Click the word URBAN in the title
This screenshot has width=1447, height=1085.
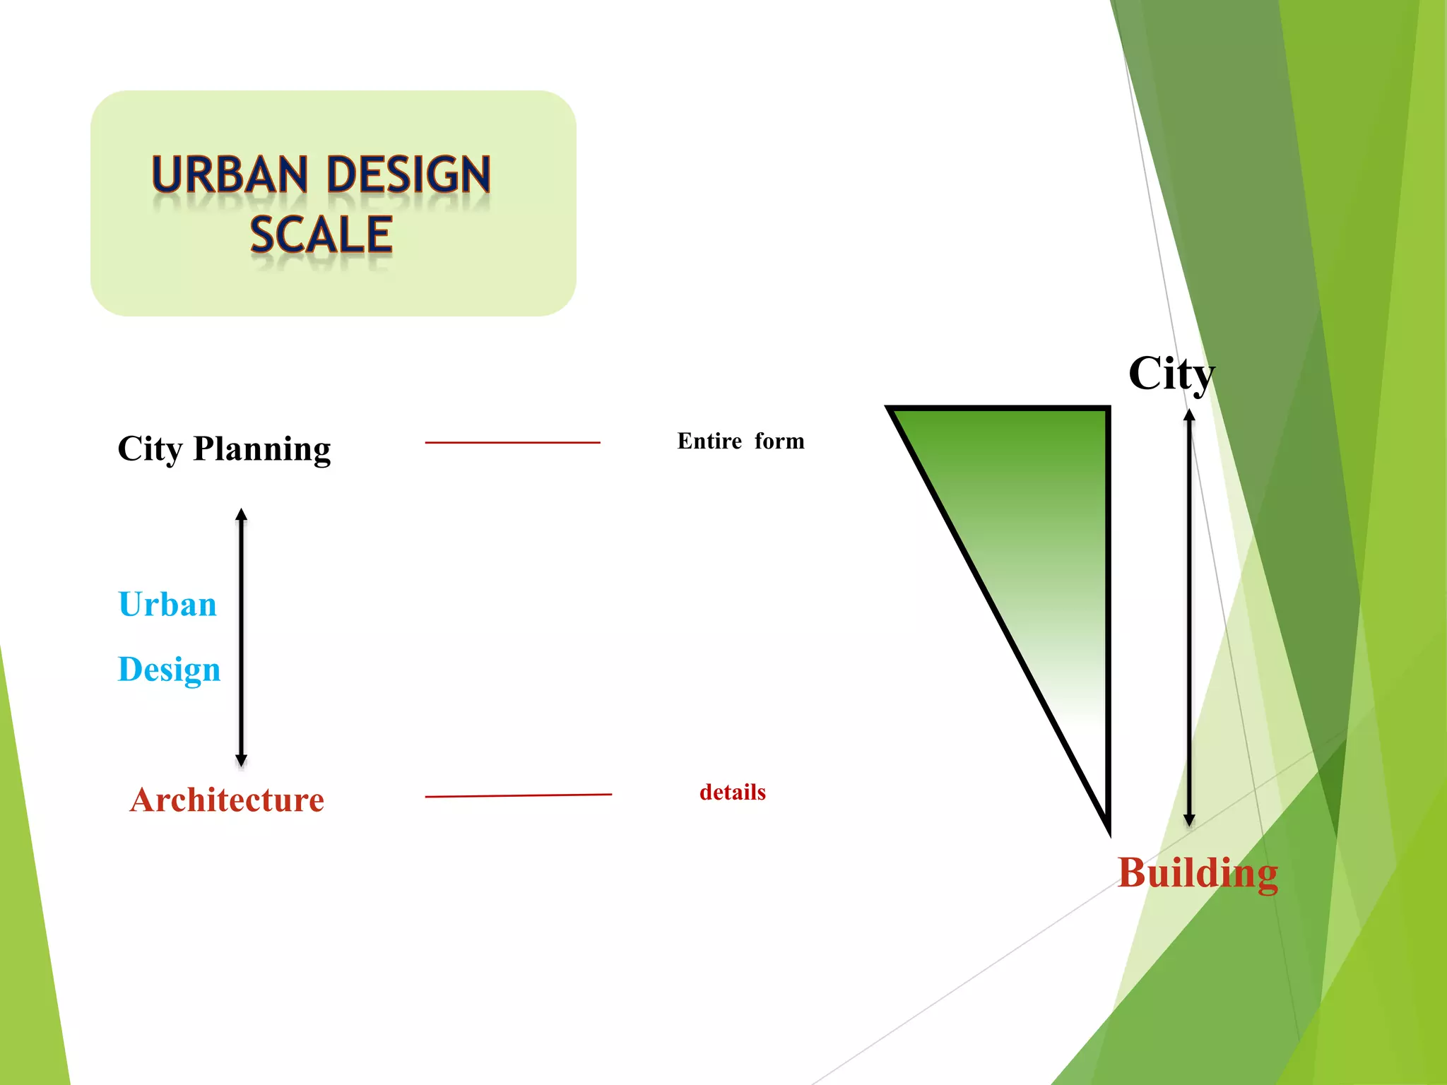click(230, 174)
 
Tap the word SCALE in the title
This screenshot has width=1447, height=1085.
click(321, 235)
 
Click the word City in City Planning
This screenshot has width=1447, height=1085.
click(150, 449)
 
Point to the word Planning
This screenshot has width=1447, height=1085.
click(262, 449)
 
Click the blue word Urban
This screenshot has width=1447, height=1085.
click(167, 605)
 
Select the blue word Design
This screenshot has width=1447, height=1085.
click(169, 670)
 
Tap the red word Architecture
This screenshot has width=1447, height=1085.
click(227, 800)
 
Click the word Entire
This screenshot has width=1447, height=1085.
click(709, 441)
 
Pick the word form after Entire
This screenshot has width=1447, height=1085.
click(779, 441)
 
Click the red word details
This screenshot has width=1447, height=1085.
click(733, 793)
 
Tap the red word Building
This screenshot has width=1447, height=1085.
click(1198, 873)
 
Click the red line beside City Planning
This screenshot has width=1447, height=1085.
click(512, 443)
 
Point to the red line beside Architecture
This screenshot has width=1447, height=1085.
click(518, 795)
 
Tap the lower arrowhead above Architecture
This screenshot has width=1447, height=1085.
click(242, 760)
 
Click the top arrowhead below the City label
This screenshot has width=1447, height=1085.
click(1190, 415)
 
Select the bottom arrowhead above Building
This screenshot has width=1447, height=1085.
click(1190, 820)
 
